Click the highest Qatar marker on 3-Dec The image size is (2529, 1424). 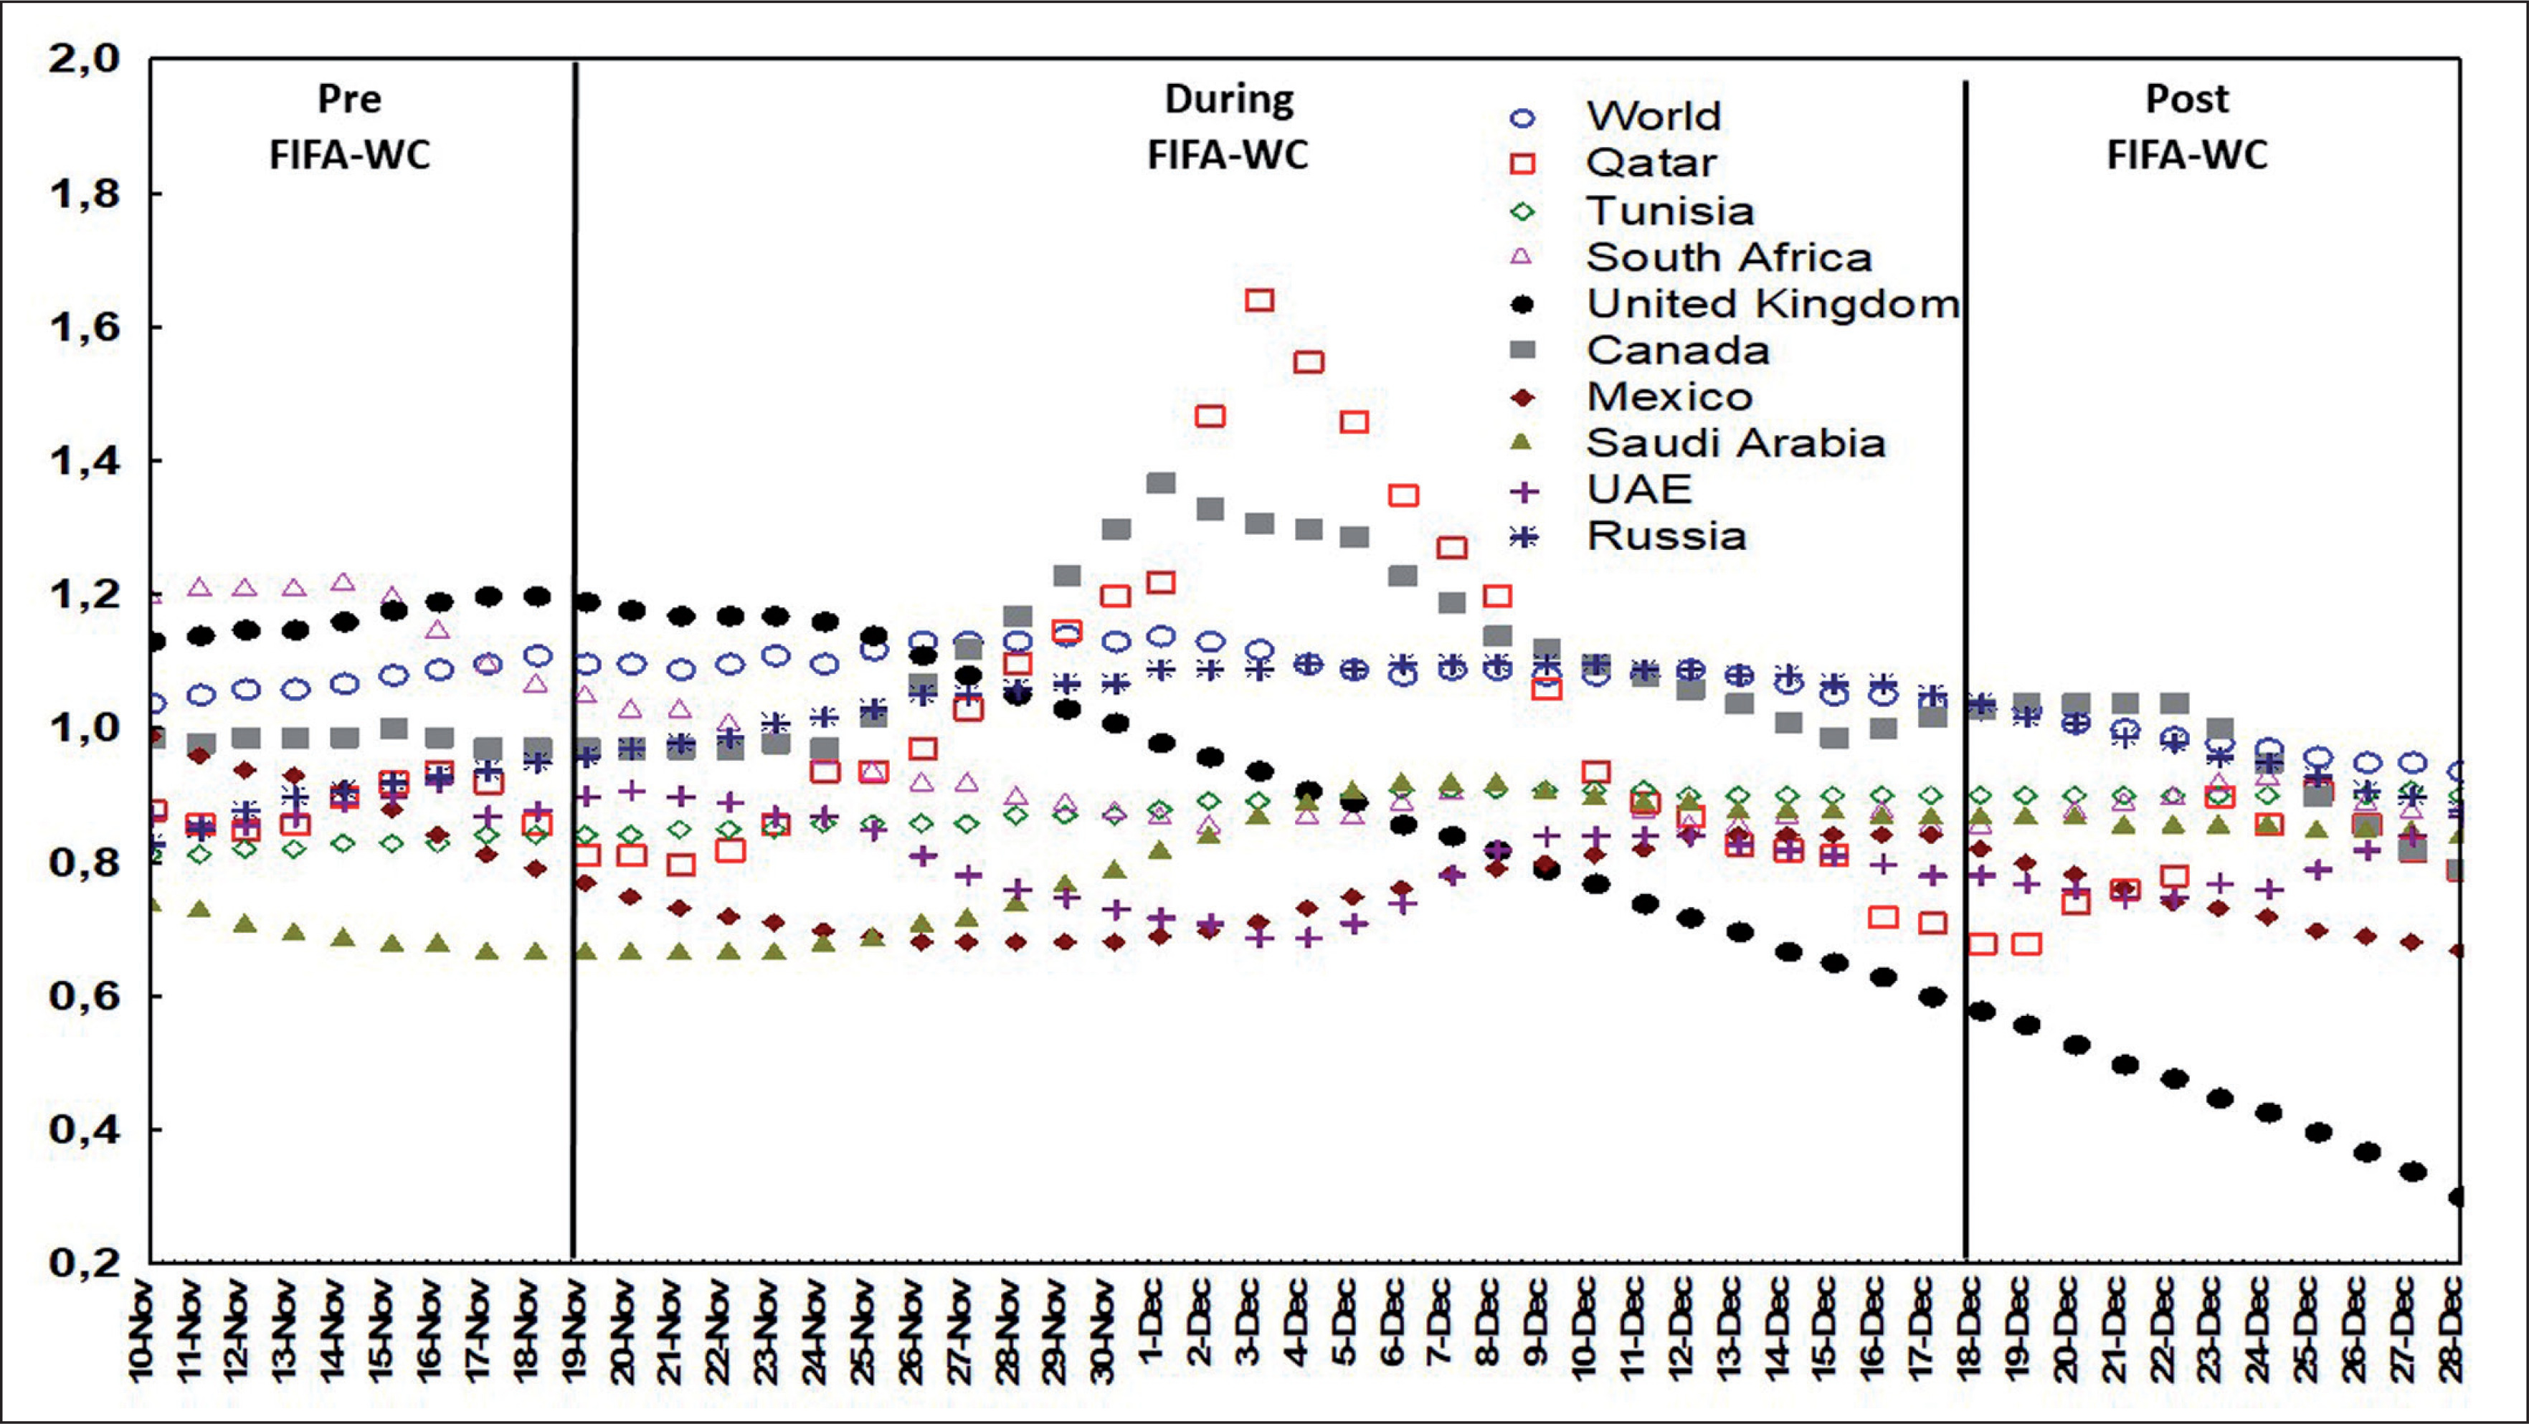1260,299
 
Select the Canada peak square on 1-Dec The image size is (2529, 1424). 1162,483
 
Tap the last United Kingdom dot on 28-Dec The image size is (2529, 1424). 2457,1197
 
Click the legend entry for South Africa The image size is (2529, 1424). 1728,257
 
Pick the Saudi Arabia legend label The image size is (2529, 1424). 1735,442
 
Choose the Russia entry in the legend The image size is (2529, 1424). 1666,536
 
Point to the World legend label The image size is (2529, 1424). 1653,117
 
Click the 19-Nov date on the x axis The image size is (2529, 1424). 575,1330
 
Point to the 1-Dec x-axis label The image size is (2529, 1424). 1154,1320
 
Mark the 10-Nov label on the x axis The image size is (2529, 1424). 143,1330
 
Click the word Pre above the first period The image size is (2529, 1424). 349,99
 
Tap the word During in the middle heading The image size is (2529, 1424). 1229,99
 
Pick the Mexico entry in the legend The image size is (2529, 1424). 1669,397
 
